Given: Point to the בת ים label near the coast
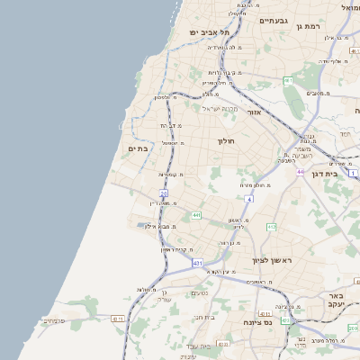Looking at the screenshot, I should click(x=138, y=149).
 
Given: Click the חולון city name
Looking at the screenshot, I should click(x=225, y=141).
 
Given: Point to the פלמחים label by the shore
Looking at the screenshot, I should click(x=54, y=320).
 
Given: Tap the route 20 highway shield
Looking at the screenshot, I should click(x=164, y=193).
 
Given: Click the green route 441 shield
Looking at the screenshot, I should click(x=195, y=216).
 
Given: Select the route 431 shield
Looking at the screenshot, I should click(x=197, y=263).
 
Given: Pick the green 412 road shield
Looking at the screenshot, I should click(x=271, y=227).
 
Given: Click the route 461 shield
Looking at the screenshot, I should click(x=288, y=81).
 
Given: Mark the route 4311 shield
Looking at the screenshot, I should click(x=117, y=319).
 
